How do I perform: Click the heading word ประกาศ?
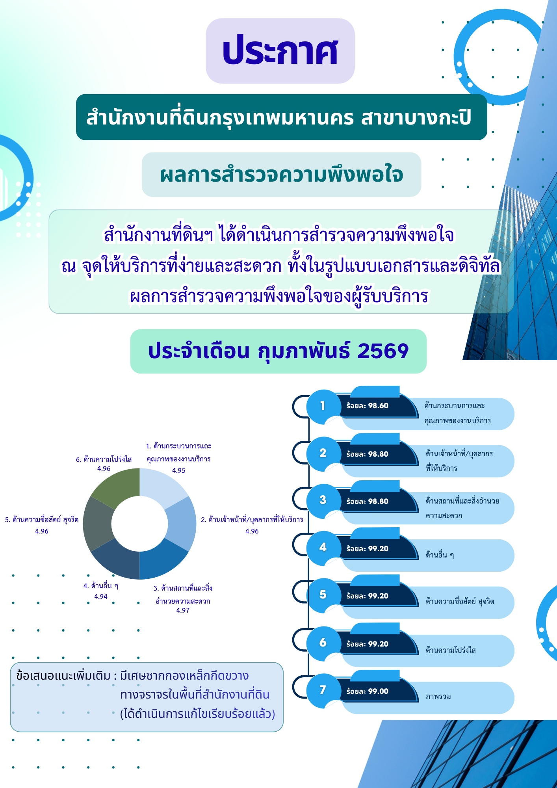(x=280, y=51)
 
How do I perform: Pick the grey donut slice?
(x=98, y=524)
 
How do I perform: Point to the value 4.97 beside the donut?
(x=183, y=610)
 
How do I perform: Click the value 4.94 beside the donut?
(x=101, y=597)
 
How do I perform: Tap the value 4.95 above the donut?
(x=179, y=470)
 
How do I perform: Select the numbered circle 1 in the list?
(x=323, y=406)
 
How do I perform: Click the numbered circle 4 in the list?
(x=323, y=547)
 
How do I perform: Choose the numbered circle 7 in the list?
(x=323, y=690)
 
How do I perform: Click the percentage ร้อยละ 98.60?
(x=367, y=406)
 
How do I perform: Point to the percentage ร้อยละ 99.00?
(x=367, y=691)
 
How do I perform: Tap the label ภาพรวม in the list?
(x=438, y=697)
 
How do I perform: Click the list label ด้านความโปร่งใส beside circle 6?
(x=451, y=650)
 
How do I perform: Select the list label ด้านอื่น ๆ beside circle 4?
(x=440, y=555)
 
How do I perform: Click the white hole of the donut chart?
(x=139, y=524)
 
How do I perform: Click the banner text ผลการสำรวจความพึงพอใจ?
(x=281, y=175)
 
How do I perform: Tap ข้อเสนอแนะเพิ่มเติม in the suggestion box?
(x=63, y=676)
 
